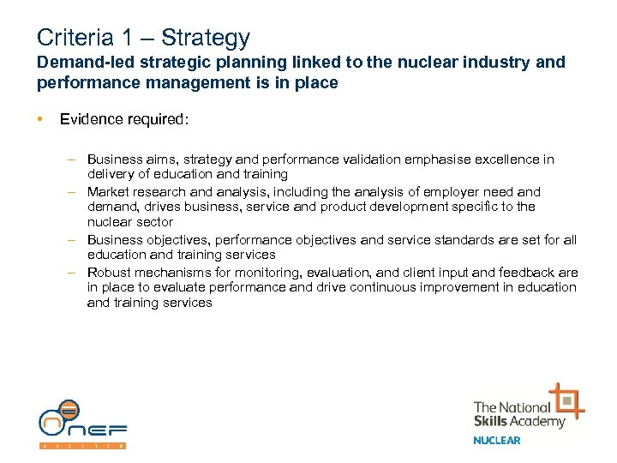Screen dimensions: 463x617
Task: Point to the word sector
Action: click(154, 223)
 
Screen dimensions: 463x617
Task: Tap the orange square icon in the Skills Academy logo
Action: click(566, 400)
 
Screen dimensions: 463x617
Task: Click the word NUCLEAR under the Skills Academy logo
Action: click(497, 441)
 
